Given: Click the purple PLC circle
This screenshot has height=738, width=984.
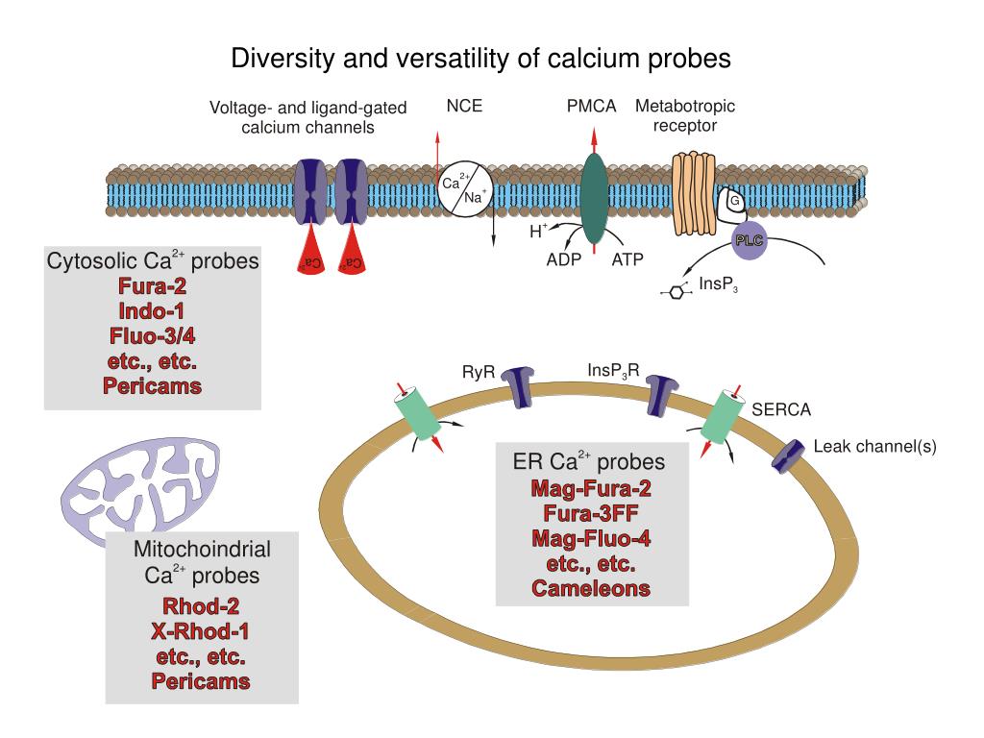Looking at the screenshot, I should tap(749, 240).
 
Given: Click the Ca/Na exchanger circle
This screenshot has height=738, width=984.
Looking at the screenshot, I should tap(465, 187).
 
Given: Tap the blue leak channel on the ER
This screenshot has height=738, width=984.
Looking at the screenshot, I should tap(790, 455).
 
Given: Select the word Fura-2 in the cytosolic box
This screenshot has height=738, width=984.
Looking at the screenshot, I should tap(152, 285).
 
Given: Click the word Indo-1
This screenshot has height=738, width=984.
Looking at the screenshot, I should tap(152, 311).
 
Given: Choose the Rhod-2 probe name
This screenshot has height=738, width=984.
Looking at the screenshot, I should tap(201, 606).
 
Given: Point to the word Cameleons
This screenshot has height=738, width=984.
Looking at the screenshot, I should tap(591, 588).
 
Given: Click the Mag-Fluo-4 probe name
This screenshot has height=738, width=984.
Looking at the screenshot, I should tap(591, 538).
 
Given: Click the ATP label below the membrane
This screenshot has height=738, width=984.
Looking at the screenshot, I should tap(627, 259).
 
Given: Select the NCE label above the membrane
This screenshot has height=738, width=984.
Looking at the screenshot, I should tap(464, 107).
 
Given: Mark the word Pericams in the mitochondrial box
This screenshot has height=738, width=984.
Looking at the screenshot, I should tap(201, 681).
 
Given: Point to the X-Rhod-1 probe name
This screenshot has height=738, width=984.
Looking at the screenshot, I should tap(201, 631).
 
